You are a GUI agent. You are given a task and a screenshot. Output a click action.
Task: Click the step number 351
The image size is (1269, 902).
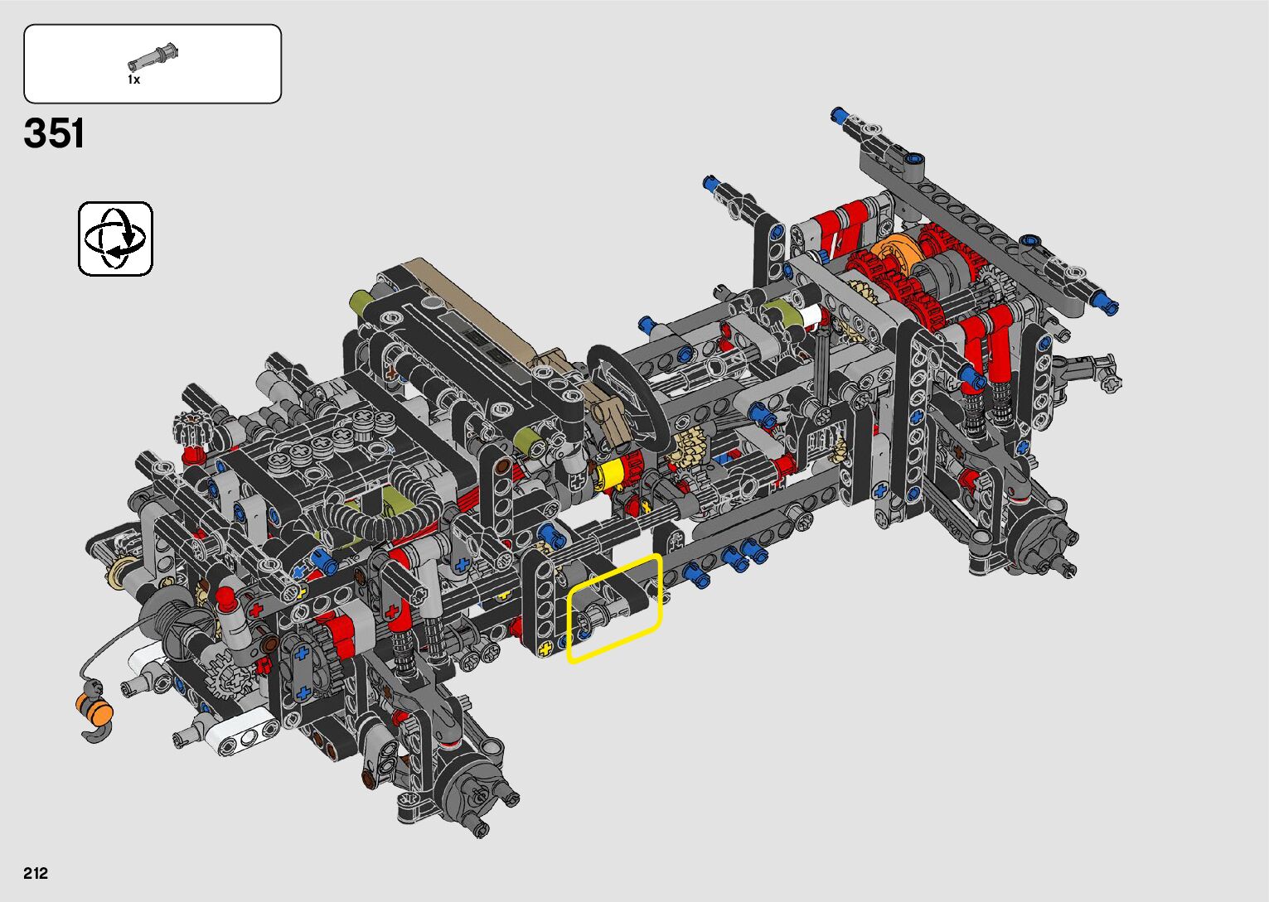click(x=54, y=133)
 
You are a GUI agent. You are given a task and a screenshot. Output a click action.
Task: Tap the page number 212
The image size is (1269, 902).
click(x=36, y=873)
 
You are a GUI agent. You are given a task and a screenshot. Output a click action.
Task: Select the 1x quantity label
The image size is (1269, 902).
click(x=133, y=80)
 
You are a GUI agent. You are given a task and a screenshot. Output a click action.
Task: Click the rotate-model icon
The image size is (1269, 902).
click(x=115, y=239)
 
